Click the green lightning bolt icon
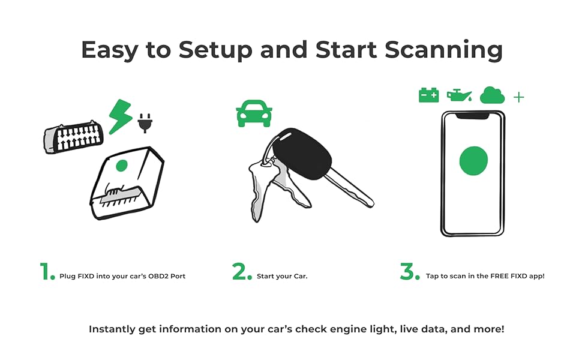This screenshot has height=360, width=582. click(120, 116)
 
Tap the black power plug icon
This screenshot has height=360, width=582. click(145, 122)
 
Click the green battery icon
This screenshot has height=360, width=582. click(428, 95)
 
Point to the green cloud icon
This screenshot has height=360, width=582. click(492, 95)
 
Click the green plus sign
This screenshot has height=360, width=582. click(519, 97)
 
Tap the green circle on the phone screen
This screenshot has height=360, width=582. click(473, 160)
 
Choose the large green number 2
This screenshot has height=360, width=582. click(242, 272)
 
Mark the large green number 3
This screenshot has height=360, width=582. click(409, 272)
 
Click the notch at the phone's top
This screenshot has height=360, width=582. click(473, 114)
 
